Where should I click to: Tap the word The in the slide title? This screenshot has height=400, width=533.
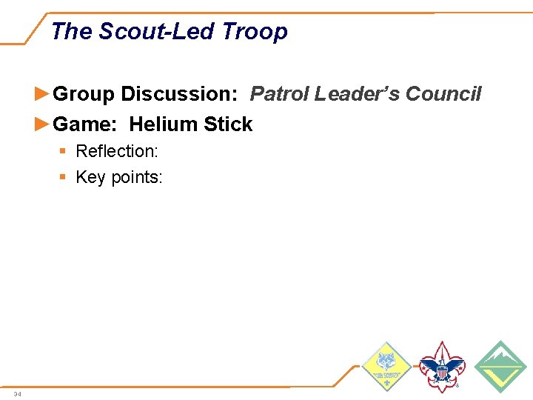click(x=72, y=32)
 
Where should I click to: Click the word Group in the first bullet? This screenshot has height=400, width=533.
click(x=84, y=95)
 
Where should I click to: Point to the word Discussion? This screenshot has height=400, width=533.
click(x=178, y=95)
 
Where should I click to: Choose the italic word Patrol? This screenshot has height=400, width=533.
click(x=279, y=95)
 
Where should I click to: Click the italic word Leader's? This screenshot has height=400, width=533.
click(x=357, y=95)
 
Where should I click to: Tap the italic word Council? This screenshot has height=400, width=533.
click(x=443, y=95)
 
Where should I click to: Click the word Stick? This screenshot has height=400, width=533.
click(x=228, y=124)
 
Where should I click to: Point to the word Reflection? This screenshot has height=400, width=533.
click(x=117, y=152)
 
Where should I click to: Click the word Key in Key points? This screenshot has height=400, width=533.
click(x=91, y=178)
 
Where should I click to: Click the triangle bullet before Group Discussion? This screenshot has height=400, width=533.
click(x=43, y=95)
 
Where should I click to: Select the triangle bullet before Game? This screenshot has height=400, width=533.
click(x=43, y=124)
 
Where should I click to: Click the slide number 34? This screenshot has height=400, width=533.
click(x=18, y=393)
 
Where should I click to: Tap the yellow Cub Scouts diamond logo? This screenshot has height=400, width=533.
click(x=386, y=367)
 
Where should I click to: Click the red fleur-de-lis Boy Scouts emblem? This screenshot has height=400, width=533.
click(x=441, y=367)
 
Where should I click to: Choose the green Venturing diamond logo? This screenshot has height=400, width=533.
click(x=500, y=367)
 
